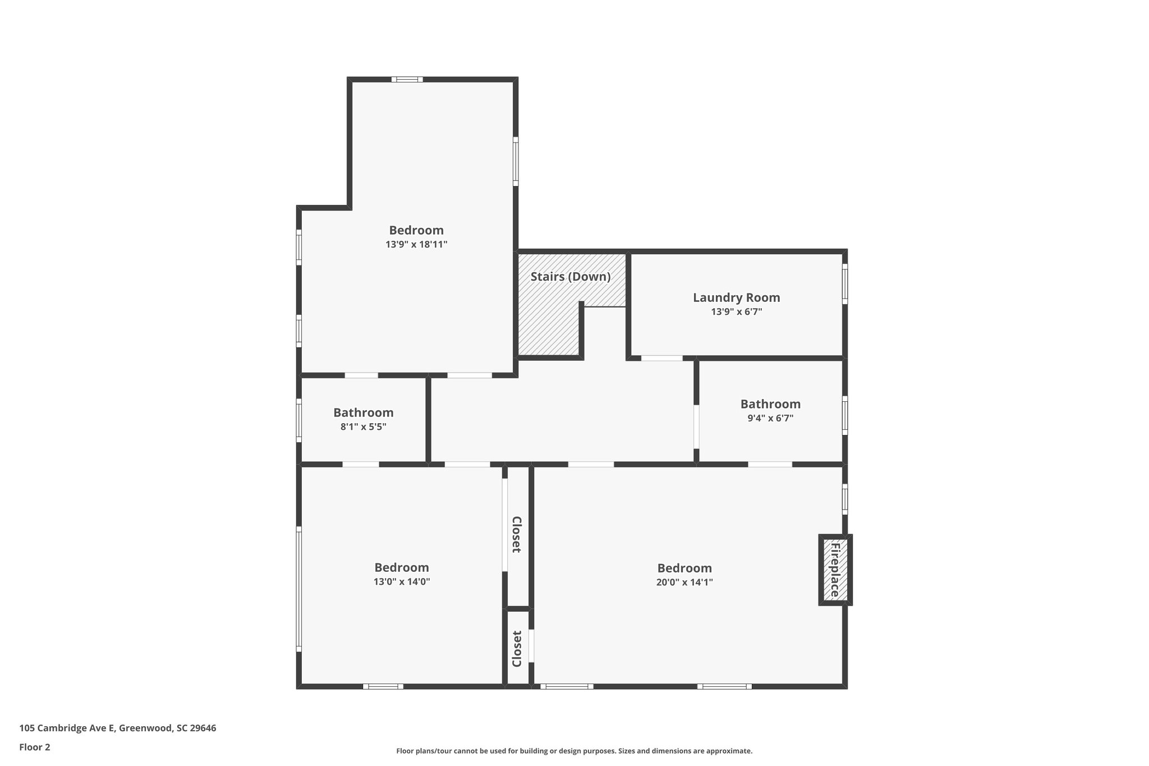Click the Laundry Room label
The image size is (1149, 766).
(x=736, y=298)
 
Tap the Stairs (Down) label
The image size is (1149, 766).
(x=570, y=277)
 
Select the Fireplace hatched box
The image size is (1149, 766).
(x=835, y=570)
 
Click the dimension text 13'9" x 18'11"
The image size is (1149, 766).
(x=416, y=245)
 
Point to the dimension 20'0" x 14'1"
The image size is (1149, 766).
(x=684, y=582)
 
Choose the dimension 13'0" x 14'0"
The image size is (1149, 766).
(x=402, y=582)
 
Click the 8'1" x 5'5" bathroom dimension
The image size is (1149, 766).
(x=363, y=426)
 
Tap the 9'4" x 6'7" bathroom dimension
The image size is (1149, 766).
(x=770, y=418)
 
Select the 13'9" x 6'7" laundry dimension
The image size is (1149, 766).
(x=736, y=312)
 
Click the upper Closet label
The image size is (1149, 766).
(x=517, y=535)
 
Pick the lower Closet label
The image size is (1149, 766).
(x=517, y=649)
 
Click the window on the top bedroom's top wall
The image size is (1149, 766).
(x=407, y=79)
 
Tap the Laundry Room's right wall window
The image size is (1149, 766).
(x=844, y=284)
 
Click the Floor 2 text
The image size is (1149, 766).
(x=35, y=747)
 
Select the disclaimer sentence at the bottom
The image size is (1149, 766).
(x=574, y=751)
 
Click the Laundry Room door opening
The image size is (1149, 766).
(x=661, y=358)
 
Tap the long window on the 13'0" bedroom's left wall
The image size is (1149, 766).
(x=299, y=589)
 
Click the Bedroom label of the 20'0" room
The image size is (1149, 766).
(x=684, y=568)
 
